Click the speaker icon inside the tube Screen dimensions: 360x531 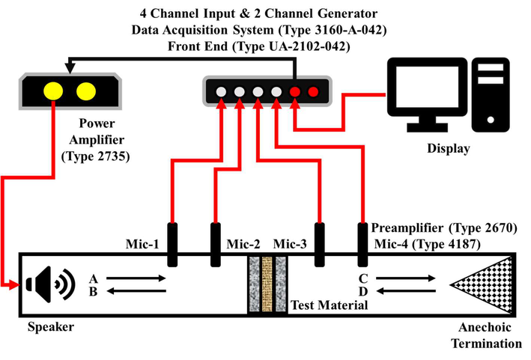pyautogui.click(x=49, y=284)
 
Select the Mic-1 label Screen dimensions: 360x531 pyautogui.click(x=145, y=244)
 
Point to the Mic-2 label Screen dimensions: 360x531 pyautogui.click(x=243, y=244)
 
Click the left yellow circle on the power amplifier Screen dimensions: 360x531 pyautogui.click(x=53, y=91)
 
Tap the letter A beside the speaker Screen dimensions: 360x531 pyautogui.click(x=94, y=278)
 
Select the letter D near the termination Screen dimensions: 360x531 pyautogui.click(x=362, y=290)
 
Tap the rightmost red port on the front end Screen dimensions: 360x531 pyautogui.click(x=313, y=92)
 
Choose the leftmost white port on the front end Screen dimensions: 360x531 pyautogui.click(x=222, y=92)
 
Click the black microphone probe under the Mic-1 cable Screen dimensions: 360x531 pyautogui.click(x=172, y=244)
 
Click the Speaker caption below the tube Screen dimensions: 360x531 pyautogui.click(x=51, y=328)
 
